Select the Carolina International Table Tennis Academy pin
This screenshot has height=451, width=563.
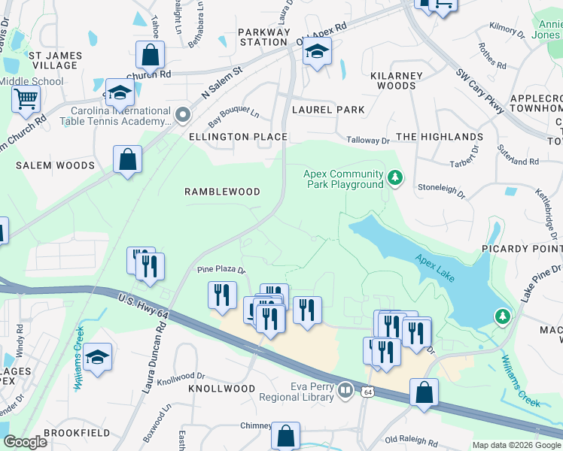click(182, 115)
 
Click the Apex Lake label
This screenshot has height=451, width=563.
click(436, 265)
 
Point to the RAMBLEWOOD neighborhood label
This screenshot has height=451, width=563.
click(222, 192)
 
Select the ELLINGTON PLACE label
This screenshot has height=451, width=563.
click(238, 137)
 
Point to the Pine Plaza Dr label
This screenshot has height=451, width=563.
click(221, 269)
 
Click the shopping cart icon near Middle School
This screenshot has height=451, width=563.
click(26, 98)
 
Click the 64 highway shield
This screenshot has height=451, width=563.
click(367, 392)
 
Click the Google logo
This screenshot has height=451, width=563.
click(25, 442)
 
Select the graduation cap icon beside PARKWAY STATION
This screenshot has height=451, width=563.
click(318, 51)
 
